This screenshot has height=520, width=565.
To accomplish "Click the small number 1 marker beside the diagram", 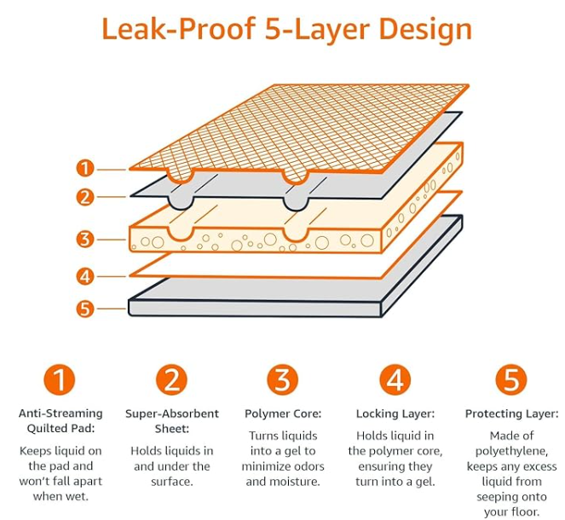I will pyautogui.click(x=84, y=168).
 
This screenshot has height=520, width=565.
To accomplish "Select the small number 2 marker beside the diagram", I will pyautogui.click(x=84, y=197).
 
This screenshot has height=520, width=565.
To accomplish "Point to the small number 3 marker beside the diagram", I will pyautogui.click(x=84, y=239).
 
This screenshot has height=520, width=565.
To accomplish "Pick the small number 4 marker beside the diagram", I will pyautogui.click(x=84, y=276).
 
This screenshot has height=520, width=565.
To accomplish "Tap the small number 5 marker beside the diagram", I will pyautogui.click(x=84, y=309).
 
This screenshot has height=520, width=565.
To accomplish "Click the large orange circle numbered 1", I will pyautogui.click(x=59, y=378).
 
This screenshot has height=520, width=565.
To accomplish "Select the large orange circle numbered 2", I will pyautogui.click(x=171, y=378).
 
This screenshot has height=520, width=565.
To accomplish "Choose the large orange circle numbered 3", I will pyautogui.click(x=282, y=378).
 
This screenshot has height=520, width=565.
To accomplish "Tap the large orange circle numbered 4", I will pyautogui.click(x=395, y=378).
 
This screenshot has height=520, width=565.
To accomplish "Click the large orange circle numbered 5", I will pyautogui.click(x=510, y=378).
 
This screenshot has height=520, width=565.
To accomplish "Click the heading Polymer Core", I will pyautogui.click(x=282, y=413).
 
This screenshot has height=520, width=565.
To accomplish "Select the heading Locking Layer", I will pyautogui.click(x=395, y=413).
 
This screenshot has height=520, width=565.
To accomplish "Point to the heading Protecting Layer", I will pyautogui.click(x=510, y=413).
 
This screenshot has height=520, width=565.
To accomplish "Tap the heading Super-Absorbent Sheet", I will pyautogui.click(x=171, y=421).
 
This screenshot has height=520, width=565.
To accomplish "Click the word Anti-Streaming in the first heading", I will pyautogui.click(x=60, y=413).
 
